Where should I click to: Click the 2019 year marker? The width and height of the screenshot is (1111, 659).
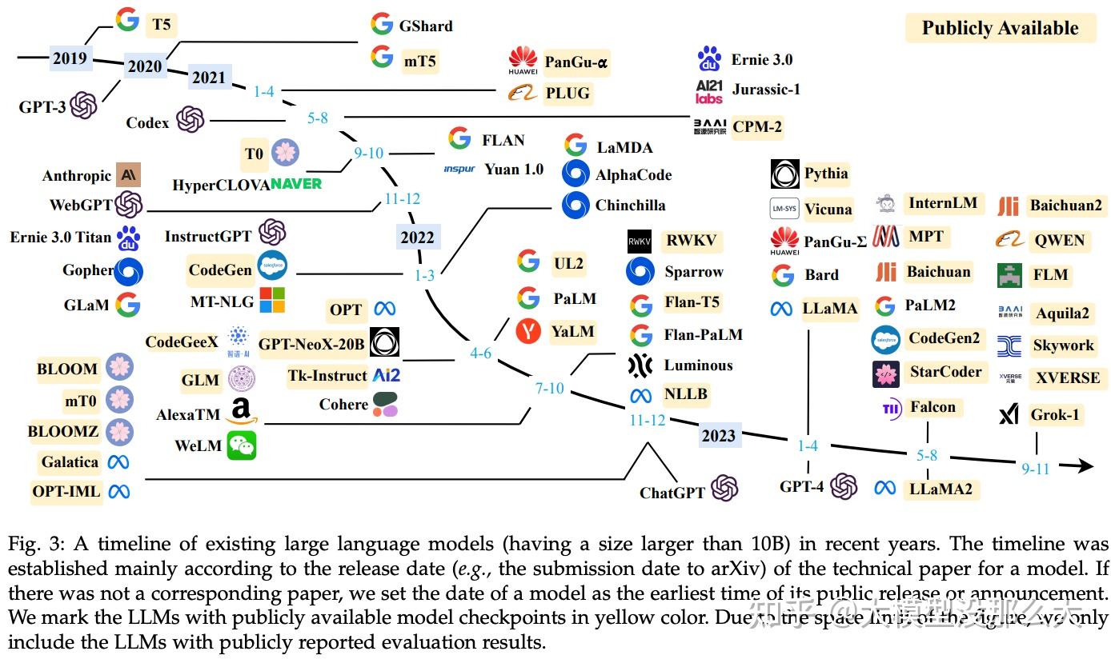[x=70, y=58]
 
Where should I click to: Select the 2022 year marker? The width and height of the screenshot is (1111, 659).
[x=417, y=237]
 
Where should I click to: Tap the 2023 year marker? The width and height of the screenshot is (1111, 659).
[x=718, y=436]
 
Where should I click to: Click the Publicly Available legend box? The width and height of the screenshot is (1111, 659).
[x=1000, y=29]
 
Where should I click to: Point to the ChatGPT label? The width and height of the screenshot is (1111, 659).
[x=672, y=493]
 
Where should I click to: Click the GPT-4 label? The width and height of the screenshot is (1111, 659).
[x=801, y=486]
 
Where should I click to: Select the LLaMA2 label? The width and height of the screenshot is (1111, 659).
[x=941, y=488]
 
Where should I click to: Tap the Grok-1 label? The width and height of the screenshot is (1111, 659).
[x=1054, y=415]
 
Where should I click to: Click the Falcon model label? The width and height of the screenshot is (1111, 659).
[x=933, y=407]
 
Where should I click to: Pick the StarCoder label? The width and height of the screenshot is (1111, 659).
[x=945, y=372]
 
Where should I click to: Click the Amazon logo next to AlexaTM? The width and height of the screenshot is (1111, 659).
[x=241, y=412]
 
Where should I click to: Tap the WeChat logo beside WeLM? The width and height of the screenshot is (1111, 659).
[x=242, y=445]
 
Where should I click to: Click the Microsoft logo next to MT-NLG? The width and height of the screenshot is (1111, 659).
[x=272, y=300]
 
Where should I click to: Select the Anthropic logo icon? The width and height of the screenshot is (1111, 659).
[x=128, y=175]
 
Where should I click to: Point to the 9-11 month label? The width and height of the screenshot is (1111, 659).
[x=1035, y=469]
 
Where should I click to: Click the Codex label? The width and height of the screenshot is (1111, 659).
[x=147, y=123]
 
